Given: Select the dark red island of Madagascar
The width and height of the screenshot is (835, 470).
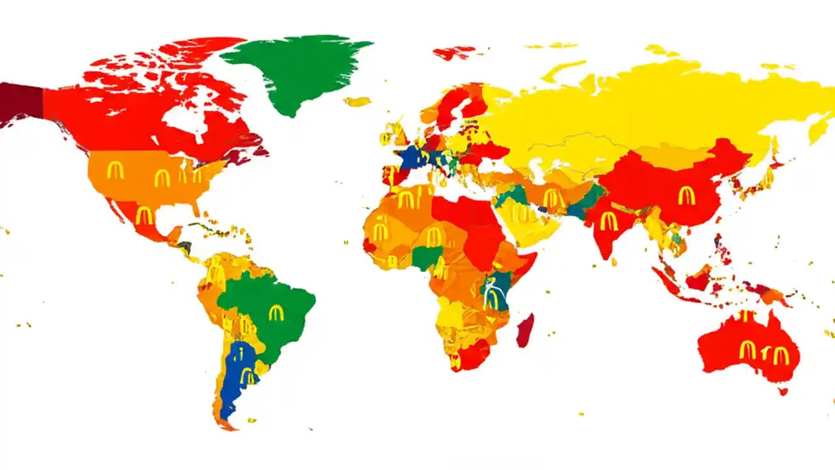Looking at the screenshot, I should (x=525, y=330).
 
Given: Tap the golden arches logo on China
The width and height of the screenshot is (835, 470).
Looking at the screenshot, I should (x=686, y=195).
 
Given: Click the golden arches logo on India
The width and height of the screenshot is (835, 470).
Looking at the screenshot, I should (x=609, y=221).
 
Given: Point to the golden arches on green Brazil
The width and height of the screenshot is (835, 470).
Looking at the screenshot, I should (x=277, y=313).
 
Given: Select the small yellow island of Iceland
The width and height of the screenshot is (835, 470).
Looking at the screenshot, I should (x=357, y=102).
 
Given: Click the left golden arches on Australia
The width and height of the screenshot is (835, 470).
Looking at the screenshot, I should (x=748, y=350).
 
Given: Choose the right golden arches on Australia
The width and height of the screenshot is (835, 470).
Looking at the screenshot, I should (x=781, y=356).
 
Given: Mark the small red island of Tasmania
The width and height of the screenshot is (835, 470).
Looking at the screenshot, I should (x=783, y=392).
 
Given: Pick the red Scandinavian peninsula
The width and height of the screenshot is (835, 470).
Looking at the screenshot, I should (x=457, y=104).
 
